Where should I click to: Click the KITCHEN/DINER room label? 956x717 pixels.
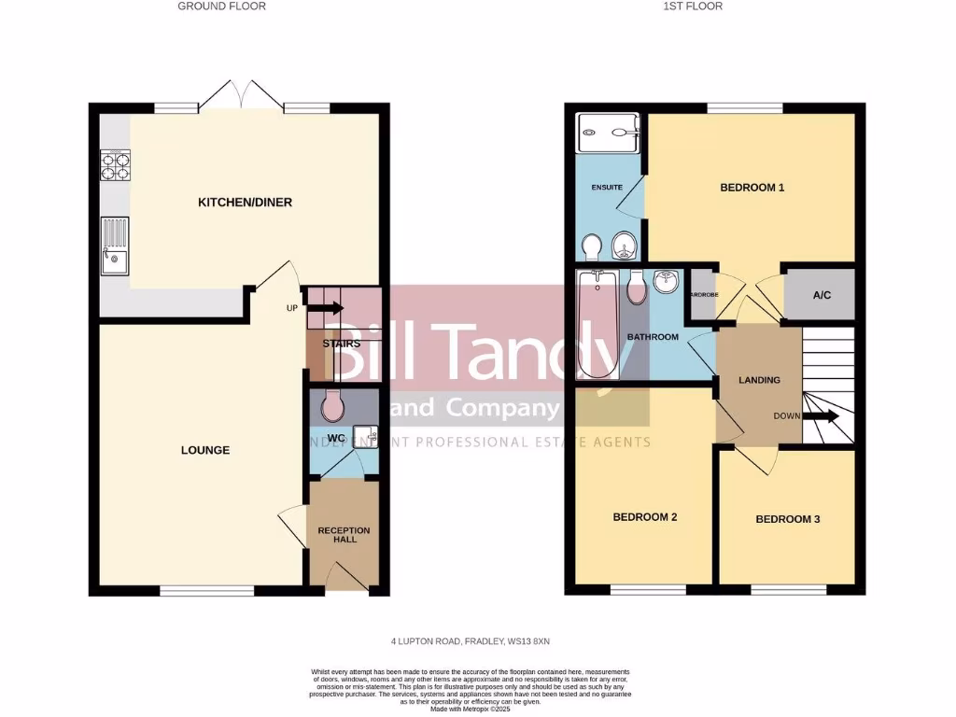(238, 203)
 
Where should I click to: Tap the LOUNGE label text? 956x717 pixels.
(205, 450)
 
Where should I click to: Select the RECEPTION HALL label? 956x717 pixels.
(344, 535)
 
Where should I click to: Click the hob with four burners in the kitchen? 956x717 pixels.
(115, 165)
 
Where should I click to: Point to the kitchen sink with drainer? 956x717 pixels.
(115, 246)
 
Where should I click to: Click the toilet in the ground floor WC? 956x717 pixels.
(332, 407)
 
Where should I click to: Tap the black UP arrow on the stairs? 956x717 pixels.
(330, 309)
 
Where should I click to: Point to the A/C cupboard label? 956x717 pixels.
(822, 295)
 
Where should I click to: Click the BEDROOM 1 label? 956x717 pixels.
(752, 188)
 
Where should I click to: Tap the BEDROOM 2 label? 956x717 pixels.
(644, 517)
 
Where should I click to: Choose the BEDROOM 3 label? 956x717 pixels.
(787, 519)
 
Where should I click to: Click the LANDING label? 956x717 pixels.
(759, 380)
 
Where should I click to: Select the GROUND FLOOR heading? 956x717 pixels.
(221, 7)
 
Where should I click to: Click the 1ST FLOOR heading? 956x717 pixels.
(693, 7)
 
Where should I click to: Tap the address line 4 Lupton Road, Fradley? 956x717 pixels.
(476, 641)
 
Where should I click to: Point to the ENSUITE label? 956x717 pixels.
(607, 188)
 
